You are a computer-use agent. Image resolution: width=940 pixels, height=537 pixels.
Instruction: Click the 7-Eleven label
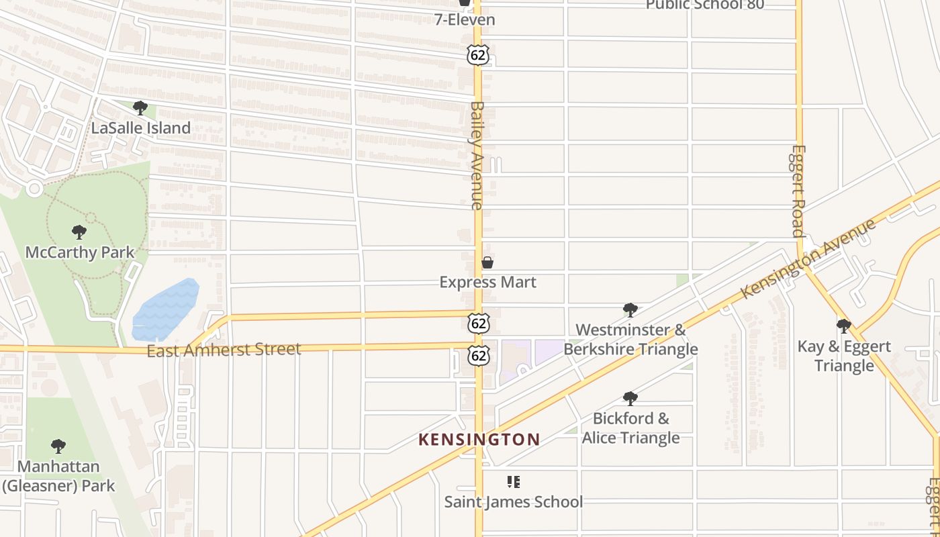(465, 19)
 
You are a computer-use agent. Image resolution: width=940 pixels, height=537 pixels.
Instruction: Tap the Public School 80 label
(704, 5)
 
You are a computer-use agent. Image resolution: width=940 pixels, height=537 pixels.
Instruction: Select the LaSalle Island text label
(141, 128)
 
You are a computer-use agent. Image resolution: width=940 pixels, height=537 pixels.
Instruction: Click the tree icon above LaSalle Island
(140, 107)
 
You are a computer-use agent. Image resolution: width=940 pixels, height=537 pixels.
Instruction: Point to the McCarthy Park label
(80, 252)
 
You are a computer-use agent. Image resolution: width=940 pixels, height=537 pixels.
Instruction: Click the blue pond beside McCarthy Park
(166, 309)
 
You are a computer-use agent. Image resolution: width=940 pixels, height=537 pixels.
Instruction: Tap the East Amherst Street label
(224, 350)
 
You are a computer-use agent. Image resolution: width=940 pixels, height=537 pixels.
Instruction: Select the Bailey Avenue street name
(477, 155)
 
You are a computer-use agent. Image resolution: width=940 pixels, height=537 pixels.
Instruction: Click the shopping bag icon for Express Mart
(487, 262)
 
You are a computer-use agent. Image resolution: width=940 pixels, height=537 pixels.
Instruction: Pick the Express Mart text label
(487, 282)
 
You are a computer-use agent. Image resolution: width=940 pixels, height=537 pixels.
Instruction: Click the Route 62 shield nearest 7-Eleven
(478, 55)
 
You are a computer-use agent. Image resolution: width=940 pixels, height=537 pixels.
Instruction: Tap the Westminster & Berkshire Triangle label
(630, 339)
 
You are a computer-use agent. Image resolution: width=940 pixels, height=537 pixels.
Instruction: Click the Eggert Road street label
(798, 191)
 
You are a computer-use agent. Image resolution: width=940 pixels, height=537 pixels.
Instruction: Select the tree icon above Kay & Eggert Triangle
(844, 326)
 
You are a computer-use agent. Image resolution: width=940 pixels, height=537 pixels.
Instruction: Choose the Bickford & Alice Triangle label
(630, 428)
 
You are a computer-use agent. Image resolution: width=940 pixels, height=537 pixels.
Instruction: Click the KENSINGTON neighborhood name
(479, 440)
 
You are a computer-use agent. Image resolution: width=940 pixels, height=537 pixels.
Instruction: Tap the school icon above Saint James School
(514, 481)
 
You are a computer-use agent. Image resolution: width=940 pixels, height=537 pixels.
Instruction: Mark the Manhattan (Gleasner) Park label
(58, 476)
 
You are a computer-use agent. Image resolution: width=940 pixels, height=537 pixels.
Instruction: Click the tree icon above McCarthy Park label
(79, 232)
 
